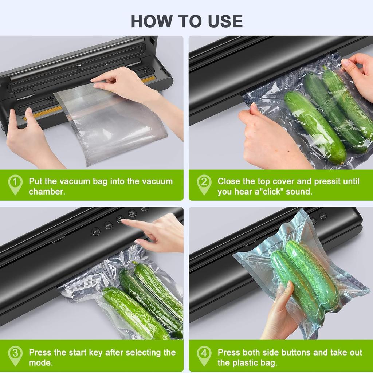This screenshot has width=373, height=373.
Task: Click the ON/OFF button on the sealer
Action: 96,231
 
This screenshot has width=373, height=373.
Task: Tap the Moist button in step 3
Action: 108,225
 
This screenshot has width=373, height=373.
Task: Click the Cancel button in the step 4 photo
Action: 323,216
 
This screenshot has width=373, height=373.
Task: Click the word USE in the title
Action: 226,21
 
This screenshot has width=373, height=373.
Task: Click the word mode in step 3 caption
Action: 40,363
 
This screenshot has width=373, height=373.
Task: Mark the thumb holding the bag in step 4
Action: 289,291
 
